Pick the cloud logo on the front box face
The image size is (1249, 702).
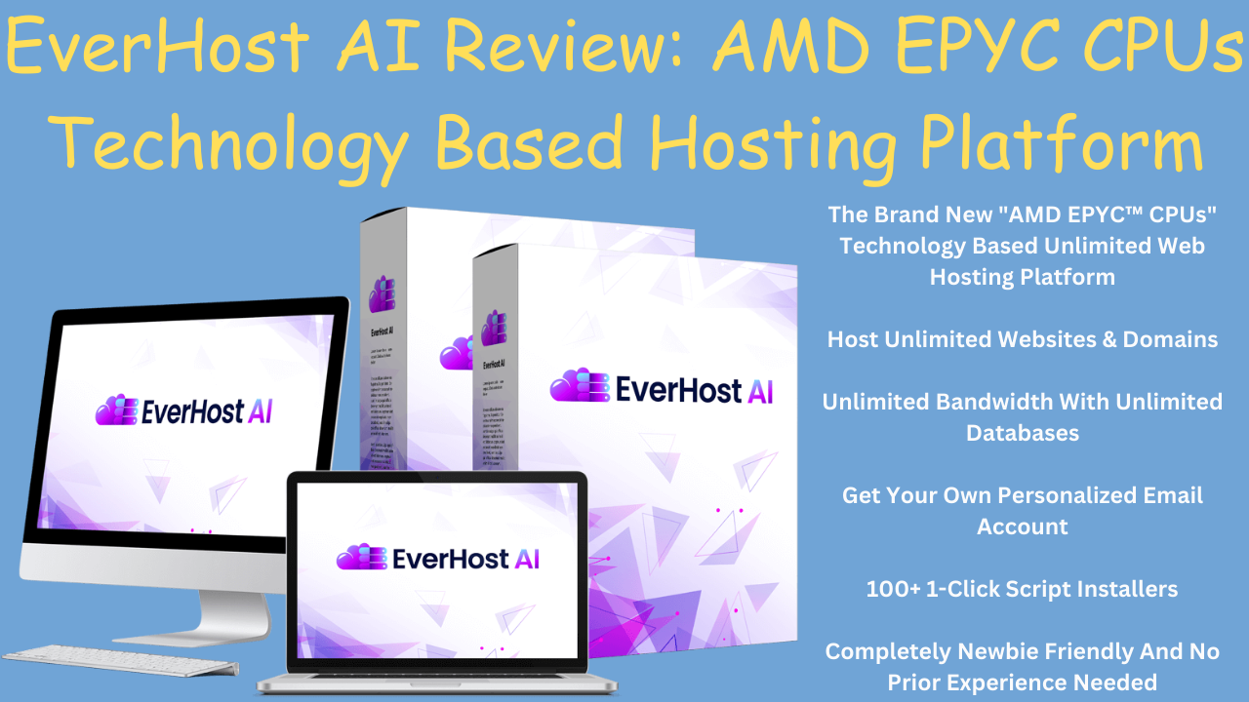point(577,387)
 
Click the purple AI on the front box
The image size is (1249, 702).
point(759,391)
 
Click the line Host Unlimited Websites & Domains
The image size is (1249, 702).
point(1022,339)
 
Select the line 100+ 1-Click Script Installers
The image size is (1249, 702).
point(1022,589)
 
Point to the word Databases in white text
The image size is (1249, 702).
point(1023,433)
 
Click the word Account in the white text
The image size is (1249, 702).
point(1023,526)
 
